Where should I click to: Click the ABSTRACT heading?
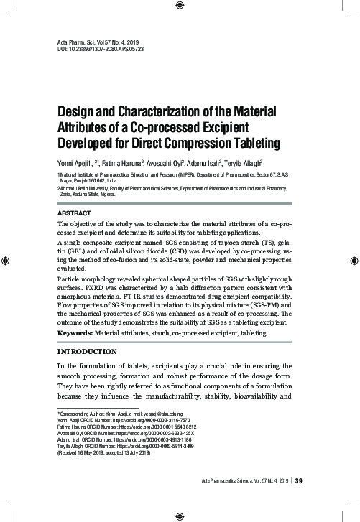(74, 215)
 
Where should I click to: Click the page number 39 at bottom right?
(299, 480)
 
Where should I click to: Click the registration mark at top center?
(180, 6)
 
